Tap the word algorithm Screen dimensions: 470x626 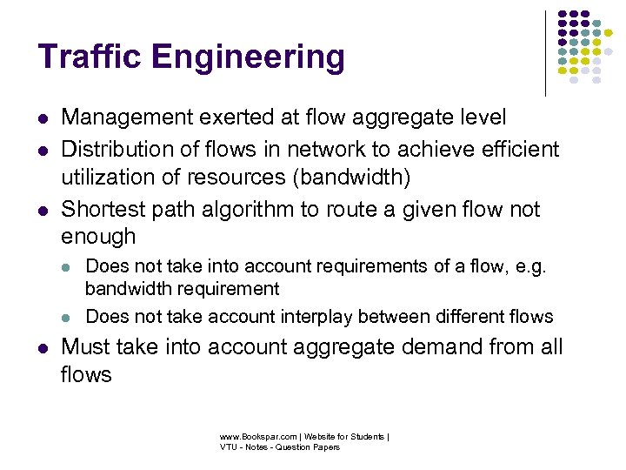(224, 211)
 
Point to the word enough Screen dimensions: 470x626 (98, 237)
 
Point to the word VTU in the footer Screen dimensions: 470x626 (229, 447)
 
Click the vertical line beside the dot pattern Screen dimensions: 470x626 (546, 52)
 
